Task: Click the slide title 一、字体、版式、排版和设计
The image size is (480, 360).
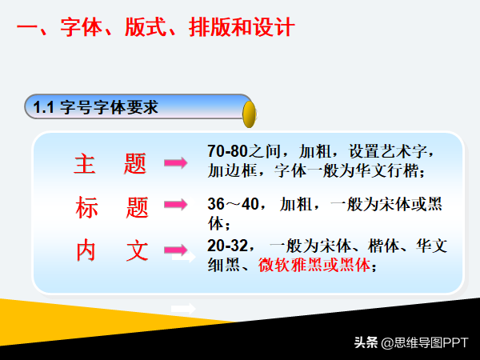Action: (x=156, y=27)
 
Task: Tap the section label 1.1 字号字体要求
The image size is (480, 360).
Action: (x=95, y=107)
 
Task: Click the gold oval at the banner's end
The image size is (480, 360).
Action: (x=249, y=114)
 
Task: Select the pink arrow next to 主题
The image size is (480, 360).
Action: (x=176, y=162)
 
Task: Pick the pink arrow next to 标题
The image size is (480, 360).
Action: (x=176, y=205)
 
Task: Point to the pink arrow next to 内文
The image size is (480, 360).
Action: (x=176, y=250)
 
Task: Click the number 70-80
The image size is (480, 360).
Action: (x=227, y=151)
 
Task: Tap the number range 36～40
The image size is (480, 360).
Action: (x=234, y=204)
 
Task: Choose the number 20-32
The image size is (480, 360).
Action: (x=227, y=246)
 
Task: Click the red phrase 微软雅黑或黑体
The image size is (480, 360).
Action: (x=314, y=265)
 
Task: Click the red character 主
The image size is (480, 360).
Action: (x=85, y=163)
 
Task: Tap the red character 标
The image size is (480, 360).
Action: (x=86, y=207)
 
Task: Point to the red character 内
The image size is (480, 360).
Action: (x=86, y=250)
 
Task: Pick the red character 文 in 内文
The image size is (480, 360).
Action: (x=138, y=250)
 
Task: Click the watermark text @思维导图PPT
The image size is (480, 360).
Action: (x=425, y=343)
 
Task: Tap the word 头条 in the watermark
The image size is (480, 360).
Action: (x=366, y=342)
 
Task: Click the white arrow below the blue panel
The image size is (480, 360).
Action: (x=183, y=309)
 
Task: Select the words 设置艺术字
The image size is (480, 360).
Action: (x=388, y=151)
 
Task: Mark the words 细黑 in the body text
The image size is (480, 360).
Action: (x=223, y=265)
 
